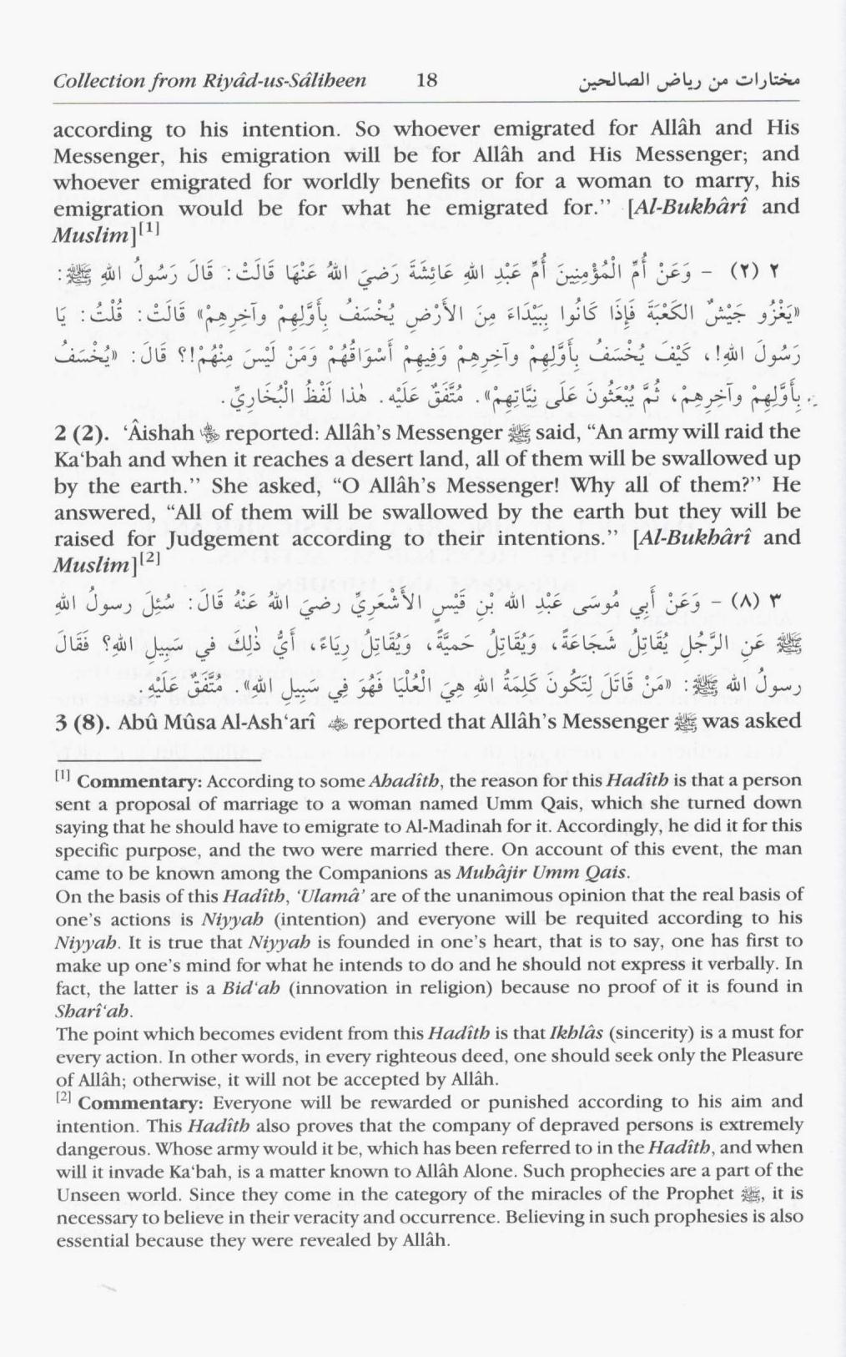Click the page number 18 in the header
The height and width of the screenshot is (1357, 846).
[426, 81]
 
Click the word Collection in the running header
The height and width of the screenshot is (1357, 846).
[89, 82]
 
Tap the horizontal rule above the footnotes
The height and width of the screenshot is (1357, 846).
[159, 760]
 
